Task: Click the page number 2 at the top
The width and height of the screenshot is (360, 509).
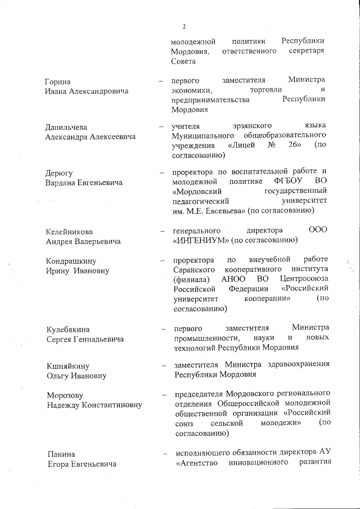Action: tap(183, 26)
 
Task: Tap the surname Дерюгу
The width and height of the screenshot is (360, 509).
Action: tap(58, 173)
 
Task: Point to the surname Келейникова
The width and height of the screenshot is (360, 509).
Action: tap(69, 232)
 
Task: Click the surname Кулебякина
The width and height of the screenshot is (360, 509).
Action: tap(67, 329)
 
